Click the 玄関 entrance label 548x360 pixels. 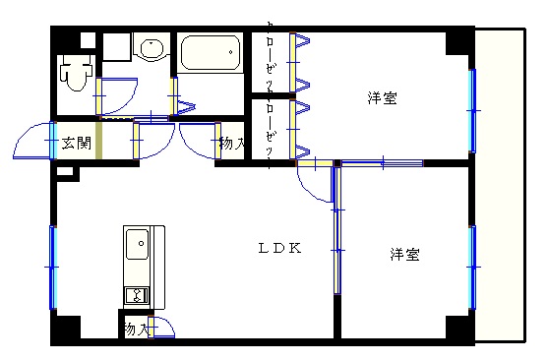76,144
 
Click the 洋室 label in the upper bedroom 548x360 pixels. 383,98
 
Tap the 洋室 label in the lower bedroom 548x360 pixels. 403,255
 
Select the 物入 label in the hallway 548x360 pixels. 231,144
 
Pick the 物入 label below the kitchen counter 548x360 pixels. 136,330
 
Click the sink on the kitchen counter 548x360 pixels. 137,240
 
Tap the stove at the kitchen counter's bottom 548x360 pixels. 136,294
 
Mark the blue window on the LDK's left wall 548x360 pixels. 53,266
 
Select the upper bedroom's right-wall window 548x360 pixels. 472,109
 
